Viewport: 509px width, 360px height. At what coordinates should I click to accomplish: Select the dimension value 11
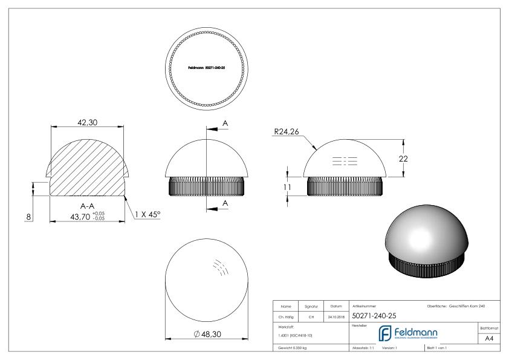pos(288,188)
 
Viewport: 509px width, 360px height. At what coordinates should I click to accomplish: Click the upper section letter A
pos(225,123)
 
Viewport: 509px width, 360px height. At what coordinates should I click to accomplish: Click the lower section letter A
pos(225,203)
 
